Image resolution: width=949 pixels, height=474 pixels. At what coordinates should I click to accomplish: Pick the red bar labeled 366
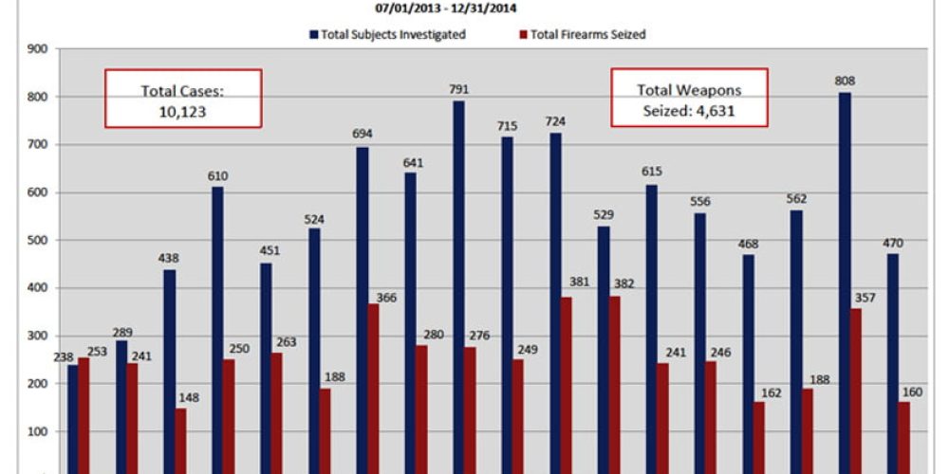tap(374, 389)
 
